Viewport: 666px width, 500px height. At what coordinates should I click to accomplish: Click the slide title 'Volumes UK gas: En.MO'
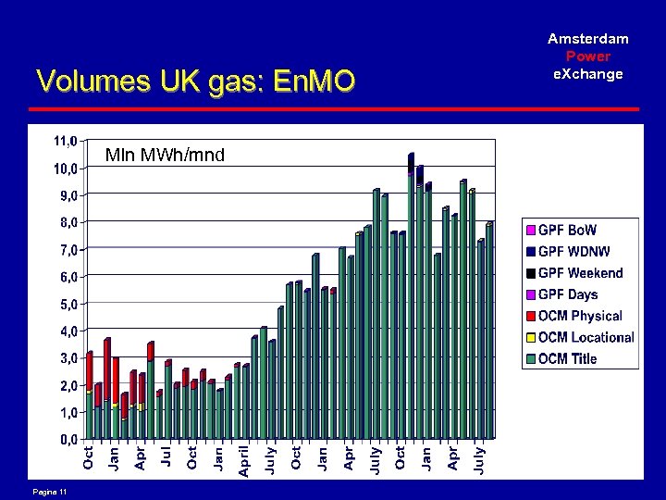tap(195, 82)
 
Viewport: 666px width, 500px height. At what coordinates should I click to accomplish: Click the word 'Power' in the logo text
tap(588, 56)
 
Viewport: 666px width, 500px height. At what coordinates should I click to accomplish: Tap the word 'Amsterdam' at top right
tap(588, 39)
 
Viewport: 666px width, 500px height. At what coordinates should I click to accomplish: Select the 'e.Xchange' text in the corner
tap(588, 74)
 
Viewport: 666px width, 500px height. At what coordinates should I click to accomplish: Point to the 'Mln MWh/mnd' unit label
tap(165, 155)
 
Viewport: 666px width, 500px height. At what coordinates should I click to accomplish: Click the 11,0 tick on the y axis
tap(66, 142)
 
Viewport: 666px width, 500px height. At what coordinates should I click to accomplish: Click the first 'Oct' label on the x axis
tap(88, 457)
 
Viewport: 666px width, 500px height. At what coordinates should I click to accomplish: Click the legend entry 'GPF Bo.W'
tap(567, 230)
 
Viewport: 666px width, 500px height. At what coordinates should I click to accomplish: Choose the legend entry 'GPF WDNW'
tap(573, 251)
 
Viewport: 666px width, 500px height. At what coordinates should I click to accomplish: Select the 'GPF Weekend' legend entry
tap(580, 273)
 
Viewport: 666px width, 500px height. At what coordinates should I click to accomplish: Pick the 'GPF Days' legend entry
tap(568, 294)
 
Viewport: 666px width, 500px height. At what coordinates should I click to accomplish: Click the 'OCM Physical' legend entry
tap(580, 316)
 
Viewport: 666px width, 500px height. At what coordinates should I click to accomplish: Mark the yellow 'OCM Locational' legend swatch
tap(531, 338)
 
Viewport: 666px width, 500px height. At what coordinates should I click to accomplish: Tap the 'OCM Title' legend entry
tap(567, 359)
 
